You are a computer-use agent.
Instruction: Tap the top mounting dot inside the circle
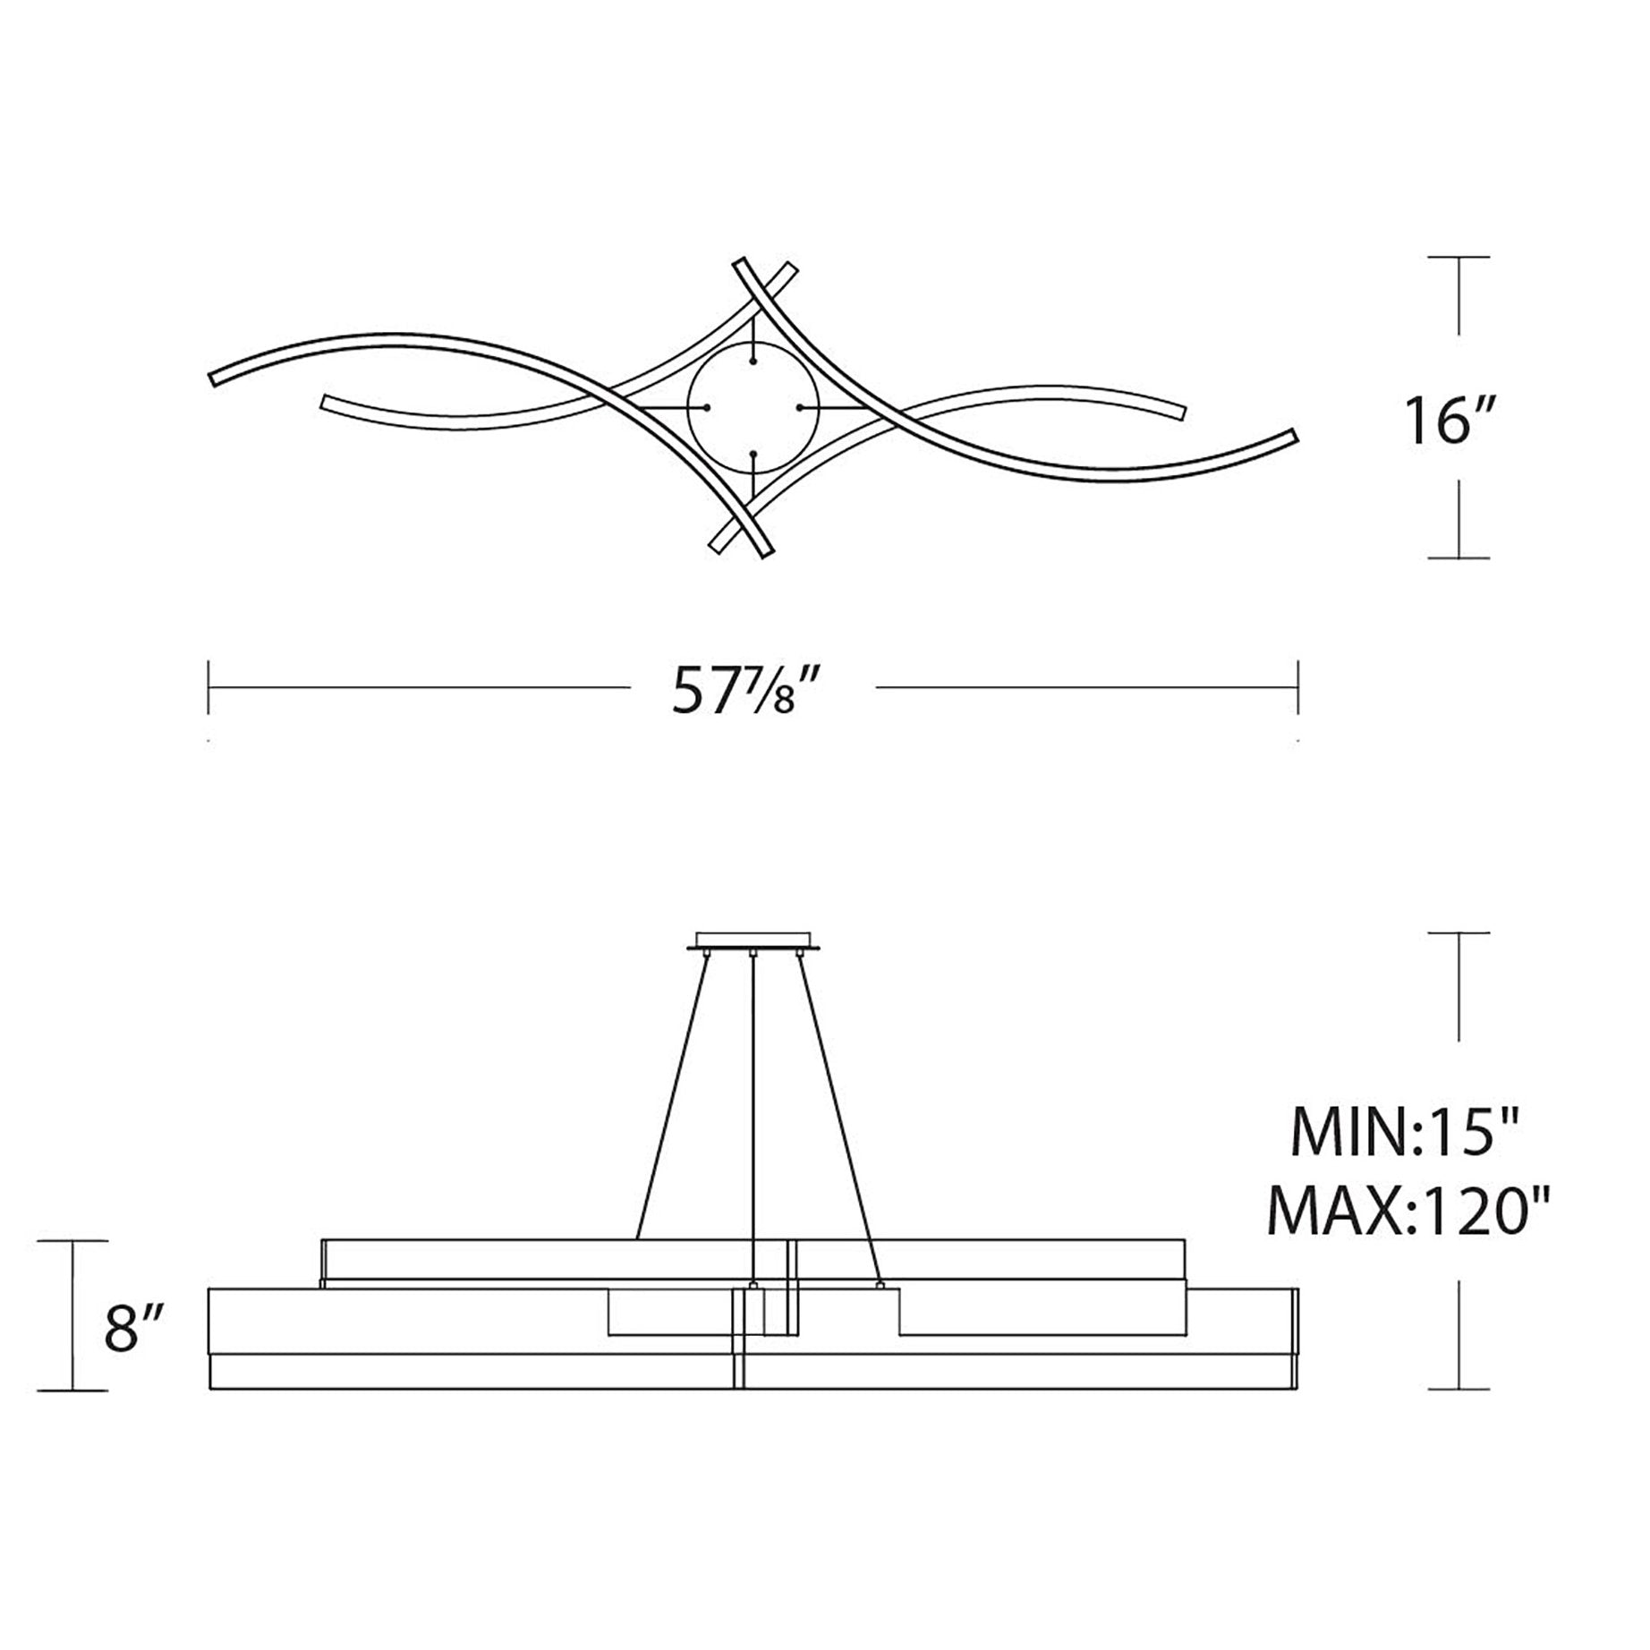coord(755,361)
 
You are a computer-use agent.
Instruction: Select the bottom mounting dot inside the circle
coord(755,455)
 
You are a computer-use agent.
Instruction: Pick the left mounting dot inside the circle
coord(707,408)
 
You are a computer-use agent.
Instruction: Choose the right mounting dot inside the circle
coord(801,408)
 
